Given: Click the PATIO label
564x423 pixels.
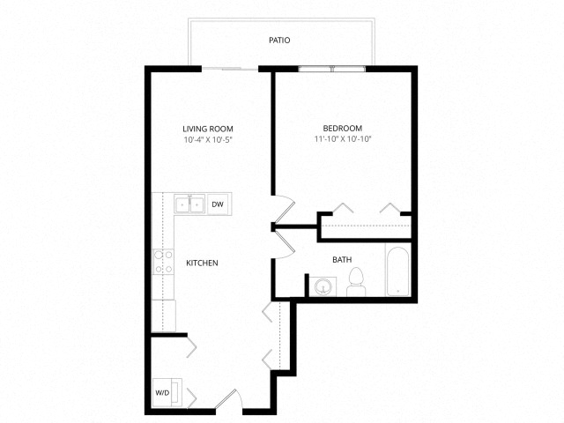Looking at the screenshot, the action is (279, 40).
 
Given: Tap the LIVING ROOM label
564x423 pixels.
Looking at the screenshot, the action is (208, 129).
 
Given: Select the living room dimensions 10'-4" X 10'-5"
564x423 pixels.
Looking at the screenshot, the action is (209, 140).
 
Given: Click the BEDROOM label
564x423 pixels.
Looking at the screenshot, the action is (343, 128).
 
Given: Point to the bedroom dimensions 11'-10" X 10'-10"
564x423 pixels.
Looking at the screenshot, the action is (343, 139).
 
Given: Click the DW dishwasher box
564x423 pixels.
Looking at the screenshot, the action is (218, 204).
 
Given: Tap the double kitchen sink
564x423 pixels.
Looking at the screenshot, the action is (189, 204).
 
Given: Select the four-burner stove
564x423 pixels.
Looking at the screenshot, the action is (163, 262).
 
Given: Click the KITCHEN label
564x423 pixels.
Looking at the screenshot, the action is (202, 263).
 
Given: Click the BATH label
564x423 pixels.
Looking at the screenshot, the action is (342, 259).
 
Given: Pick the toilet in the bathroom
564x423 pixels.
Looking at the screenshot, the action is (356, 282).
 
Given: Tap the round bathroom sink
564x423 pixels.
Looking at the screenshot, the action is (323, 286).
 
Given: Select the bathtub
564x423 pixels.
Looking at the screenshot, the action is (397, 271).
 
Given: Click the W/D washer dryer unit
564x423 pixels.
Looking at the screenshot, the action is (167, 392).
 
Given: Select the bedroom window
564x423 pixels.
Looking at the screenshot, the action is (332, 69).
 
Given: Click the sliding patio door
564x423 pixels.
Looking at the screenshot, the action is (230, 69).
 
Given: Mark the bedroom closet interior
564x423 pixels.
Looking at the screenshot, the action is (366, 226).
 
